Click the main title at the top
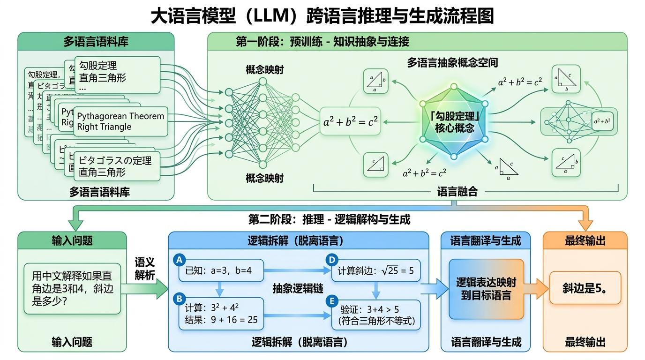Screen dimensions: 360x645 click(322, 16)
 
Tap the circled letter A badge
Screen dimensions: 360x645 click(178, 260)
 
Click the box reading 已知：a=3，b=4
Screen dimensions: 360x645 click(221, 270)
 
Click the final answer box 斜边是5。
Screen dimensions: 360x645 click(585, 288)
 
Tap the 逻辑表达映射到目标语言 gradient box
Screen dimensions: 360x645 click(486, 289)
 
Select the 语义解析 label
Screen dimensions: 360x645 click(145, 269)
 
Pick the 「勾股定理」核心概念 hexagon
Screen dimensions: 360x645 click(454, 122)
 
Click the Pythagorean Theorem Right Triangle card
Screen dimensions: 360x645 click(120, 121)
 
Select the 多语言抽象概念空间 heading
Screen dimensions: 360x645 click(452, 63)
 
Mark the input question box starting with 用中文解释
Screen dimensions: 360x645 click(73, 288)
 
